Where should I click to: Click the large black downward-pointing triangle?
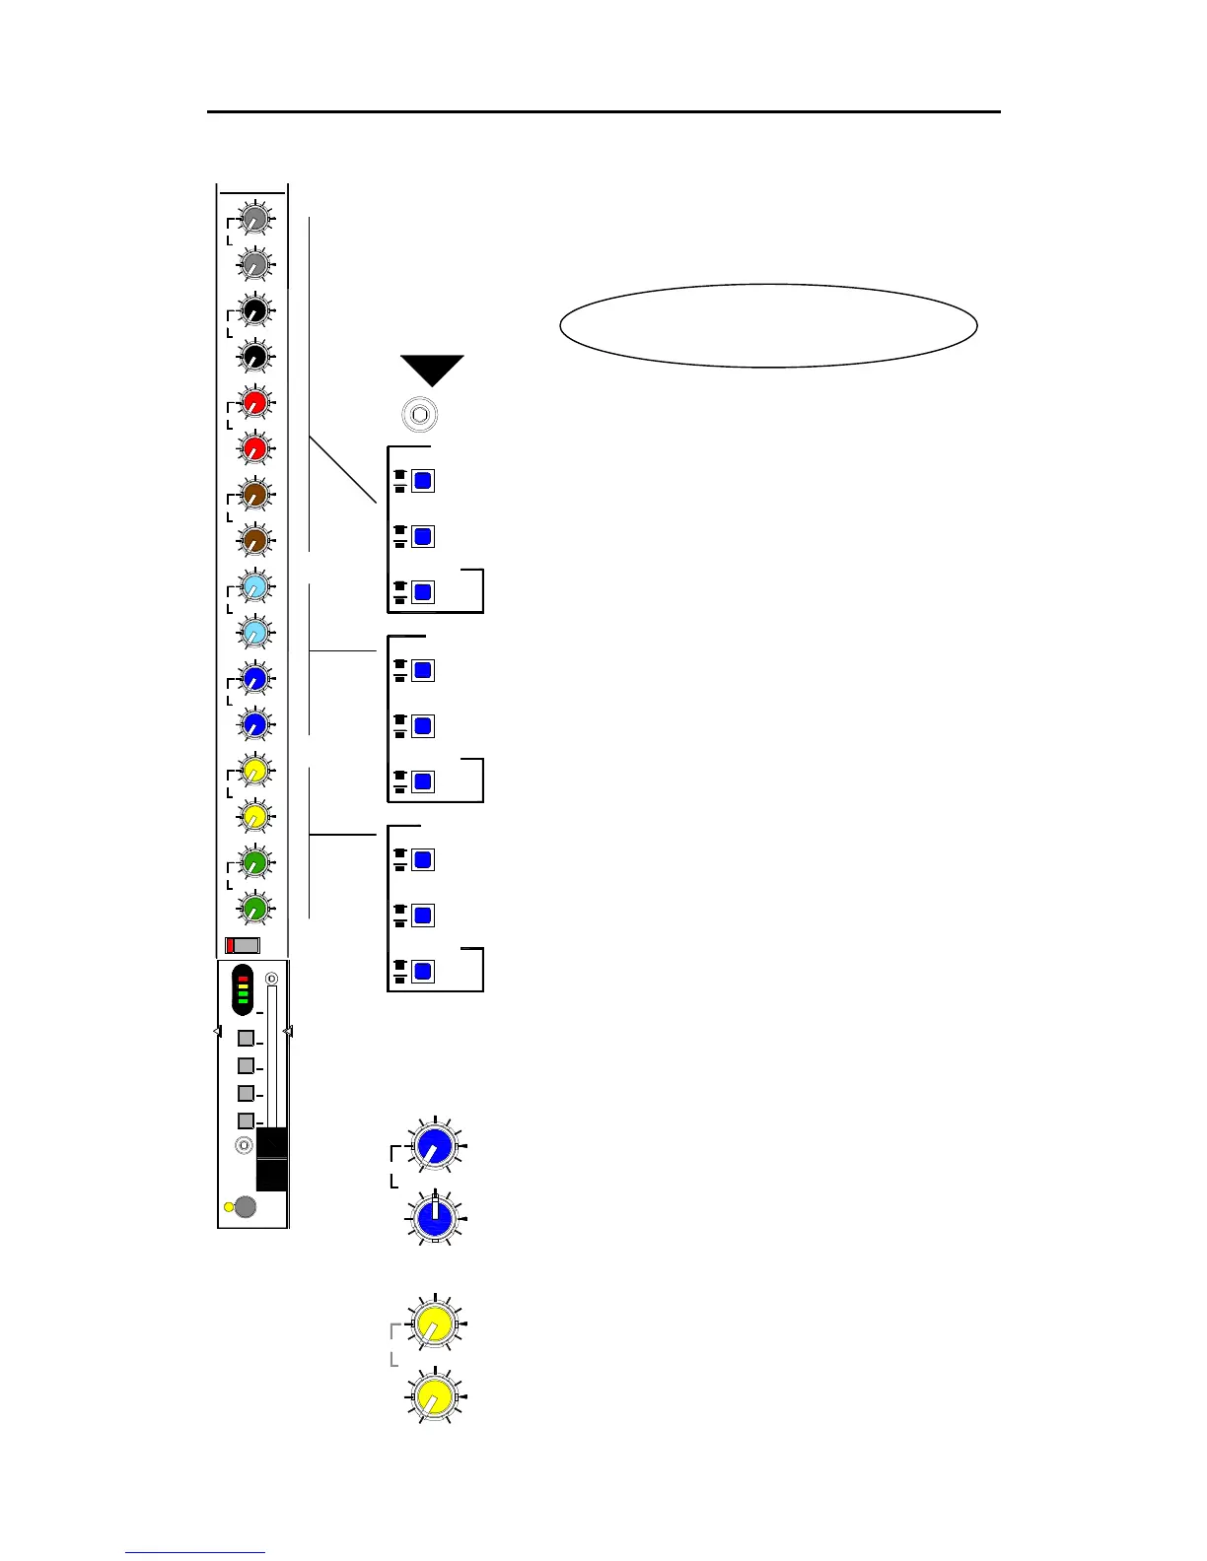432,368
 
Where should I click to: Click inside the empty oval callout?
768,326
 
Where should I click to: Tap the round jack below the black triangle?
419,415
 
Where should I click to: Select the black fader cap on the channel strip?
271,1159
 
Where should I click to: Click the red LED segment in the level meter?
243,979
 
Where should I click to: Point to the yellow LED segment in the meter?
243,986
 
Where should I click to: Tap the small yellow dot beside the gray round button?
230,1207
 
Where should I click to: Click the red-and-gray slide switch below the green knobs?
242,945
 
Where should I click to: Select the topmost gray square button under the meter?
247,1039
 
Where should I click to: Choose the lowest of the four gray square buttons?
247,1120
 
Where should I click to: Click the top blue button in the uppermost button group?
423,481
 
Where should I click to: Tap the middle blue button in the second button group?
423,726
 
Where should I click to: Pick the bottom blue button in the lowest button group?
423,972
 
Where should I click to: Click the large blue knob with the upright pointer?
435,1219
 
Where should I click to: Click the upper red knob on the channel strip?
254,402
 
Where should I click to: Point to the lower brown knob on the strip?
254,540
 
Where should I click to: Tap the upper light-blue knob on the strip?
254,586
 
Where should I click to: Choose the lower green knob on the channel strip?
254,908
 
